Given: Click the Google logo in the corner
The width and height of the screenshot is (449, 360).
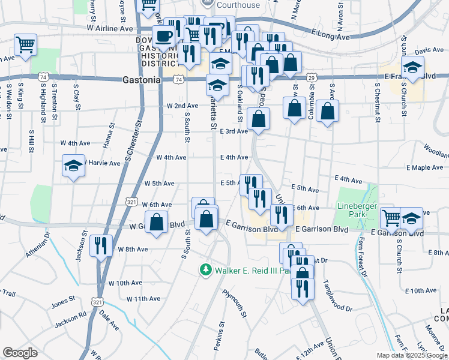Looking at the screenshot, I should (20, 353).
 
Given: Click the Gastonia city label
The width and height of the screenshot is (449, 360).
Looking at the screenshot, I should (141, 79).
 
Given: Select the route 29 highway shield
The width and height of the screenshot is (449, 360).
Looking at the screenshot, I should (312, 78).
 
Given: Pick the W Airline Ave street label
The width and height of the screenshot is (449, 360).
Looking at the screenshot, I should (109, 28).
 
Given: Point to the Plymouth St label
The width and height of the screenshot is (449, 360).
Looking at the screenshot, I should (235, 304).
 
